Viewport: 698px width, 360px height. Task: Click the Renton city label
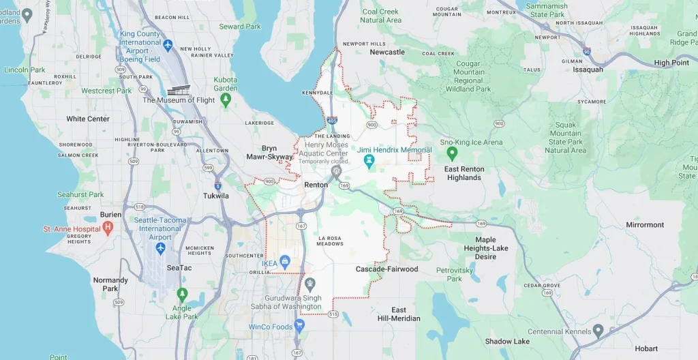(x=316, y=185)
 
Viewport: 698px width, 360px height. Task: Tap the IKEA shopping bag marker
(x=285, y=261)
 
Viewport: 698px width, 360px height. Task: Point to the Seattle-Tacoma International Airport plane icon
(x=160, y=247)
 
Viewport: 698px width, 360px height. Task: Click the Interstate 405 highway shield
(x=331, y=121)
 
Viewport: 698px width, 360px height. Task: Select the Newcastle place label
(x=386, y=52)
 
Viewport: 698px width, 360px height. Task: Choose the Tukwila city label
(x=216, y=196)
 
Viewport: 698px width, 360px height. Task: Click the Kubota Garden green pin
(x=226, y=100)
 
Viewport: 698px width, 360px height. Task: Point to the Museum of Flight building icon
(x=178, y=91)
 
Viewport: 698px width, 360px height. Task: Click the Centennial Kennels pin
(x=598, y=331)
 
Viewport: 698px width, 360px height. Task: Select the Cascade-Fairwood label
(x=386, y=269)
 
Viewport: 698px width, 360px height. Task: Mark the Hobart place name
(x=646, y=348)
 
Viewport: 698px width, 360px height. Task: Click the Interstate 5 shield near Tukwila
(x=217, y=185)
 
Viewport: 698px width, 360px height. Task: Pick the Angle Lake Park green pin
(x=182, y=295)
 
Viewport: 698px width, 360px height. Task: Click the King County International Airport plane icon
(x=168, y=45)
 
